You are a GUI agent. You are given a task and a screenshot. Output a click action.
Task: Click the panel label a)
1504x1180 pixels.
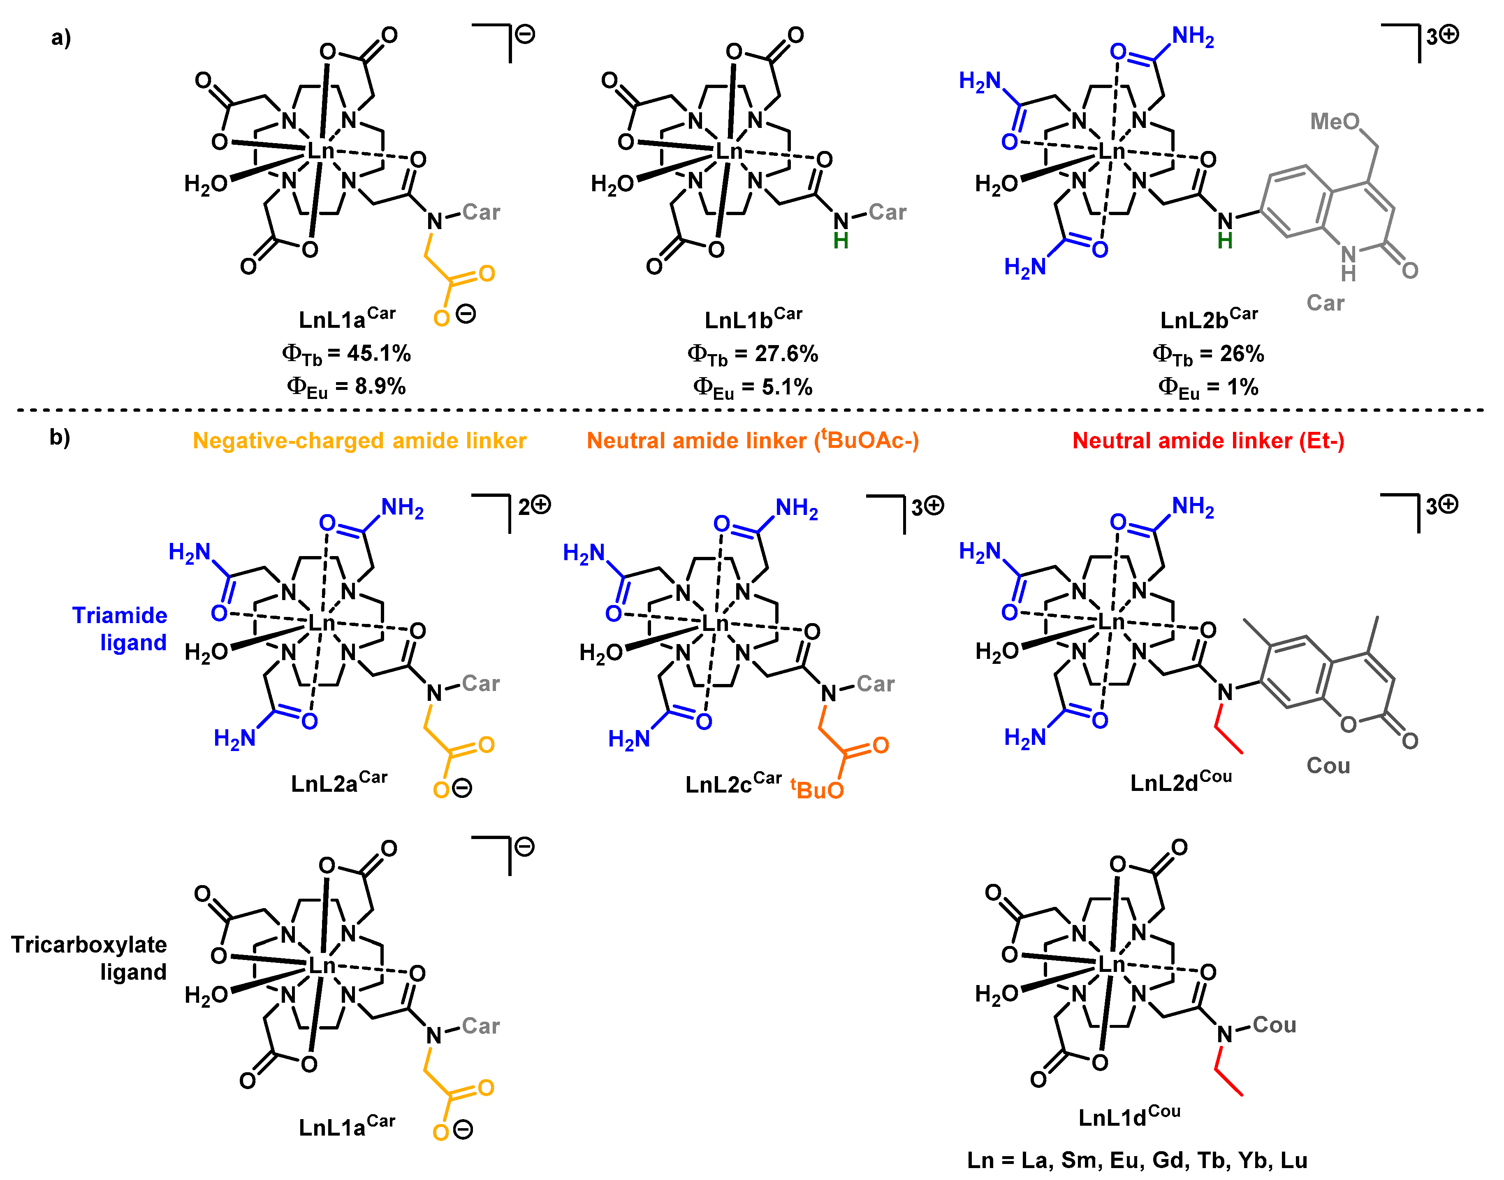coord(61,37)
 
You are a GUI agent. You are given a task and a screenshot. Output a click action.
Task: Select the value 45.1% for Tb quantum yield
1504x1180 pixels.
coord(379,354)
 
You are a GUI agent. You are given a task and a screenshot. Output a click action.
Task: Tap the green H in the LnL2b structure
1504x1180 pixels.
coord(1225,241)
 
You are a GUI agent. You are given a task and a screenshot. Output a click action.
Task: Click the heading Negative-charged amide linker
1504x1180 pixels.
coord(359,441)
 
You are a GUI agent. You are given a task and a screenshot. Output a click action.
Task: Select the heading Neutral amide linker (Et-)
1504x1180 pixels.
coord(1207,441)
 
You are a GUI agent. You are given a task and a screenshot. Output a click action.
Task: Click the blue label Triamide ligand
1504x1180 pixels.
coord(120,629)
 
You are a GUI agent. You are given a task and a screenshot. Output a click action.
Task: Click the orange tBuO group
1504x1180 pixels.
coord(817,789)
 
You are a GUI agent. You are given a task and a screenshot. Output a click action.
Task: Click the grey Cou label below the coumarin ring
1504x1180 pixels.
coord(1328,765)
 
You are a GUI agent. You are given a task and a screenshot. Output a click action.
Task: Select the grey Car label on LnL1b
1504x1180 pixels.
coord(887,213)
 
